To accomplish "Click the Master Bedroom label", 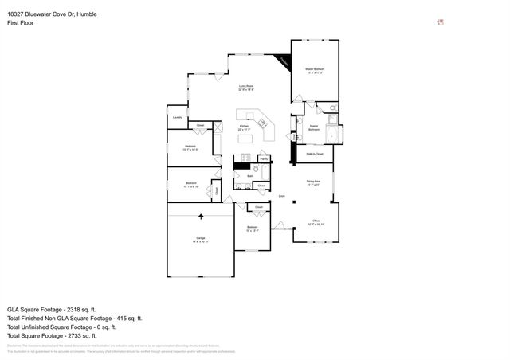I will pos(315,71).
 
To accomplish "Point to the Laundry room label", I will pos(178,118).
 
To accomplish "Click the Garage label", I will pos(200,239).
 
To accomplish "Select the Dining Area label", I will pos(314,182).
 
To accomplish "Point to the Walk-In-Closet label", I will pos(314,153).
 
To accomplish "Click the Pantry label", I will pos(263,159).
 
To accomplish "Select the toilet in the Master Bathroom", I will pos(334,108).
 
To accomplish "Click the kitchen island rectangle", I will pos(245,139).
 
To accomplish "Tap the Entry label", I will pos(281,195).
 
